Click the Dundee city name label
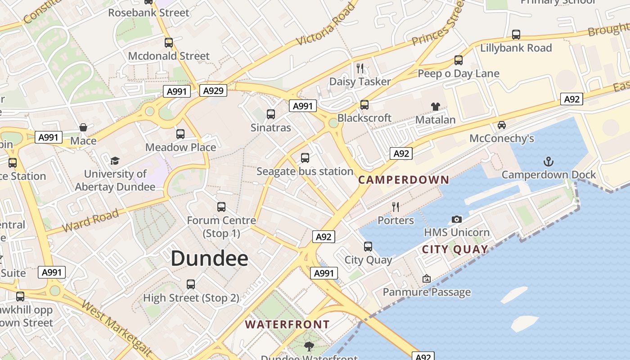click(209, 258)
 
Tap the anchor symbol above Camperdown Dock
click(548, 162)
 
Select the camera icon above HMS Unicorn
click(457, 219)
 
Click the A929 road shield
click(213, 91)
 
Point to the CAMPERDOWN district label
click(404, 180)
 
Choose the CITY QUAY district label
click(455, 249)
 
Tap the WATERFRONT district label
click(287, 324)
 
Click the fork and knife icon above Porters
click(396, 207)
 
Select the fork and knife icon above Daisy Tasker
click(360, 68)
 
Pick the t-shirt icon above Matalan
click(435, 107)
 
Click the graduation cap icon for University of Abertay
click(115, 161)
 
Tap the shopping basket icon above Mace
click(83, 127)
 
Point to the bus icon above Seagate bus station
click(305, 157)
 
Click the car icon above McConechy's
click(501, 125)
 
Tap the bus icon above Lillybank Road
click(516, 34)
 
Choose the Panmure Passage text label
click(427, 292)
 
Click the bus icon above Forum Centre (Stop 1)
click(221, 207)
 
